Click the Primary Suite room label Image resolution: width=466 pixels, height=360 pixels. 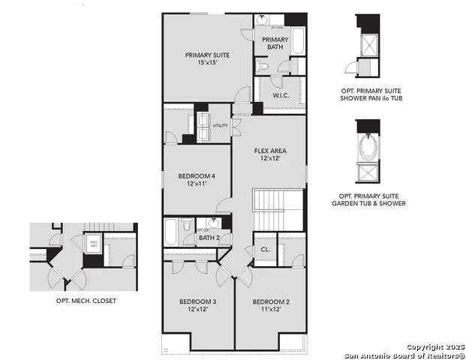click(208, 55)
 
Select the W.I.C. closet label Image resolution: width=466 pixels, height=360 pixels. click(281, 95)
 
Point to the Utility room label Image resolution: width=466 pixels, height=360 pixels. click(220, 125)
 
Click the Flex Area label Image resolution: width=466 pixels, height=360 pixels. click(269, 151)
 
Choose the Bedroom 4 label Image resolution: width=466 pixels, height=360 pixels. click(197, 176)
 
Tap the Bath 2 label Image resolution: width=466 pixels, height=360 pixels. click(208, 238)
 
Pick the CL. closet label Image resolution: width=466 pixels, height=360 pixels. click(266, 250)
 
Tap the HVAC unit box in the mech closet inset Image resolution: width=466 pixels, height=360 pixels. click(93, 244)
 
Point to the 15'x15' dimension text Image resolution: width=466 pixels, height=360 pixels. click(208, 64)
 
